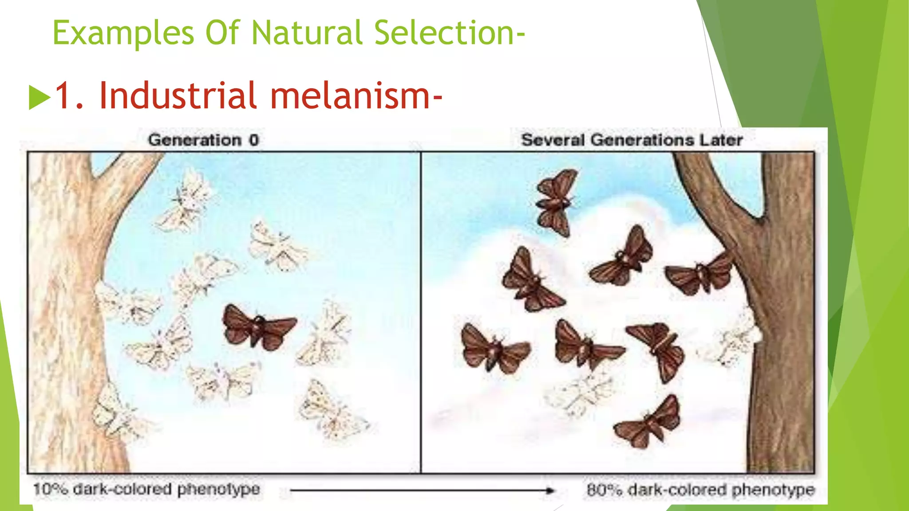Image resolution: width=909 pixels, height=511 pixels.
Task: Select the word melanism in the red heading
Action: click(355, 95)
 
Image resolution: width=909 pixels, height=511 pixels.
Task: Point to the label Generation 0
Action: click(203, 140)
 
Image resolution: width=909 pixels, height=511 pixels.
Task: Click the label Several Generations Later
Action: click(632, 140)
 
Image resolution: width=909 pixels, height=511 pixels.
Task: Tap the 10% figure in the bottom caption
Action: click(50, 490)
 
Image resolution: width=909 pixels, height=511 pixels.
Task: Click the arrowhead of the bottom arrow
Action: click(550, 491)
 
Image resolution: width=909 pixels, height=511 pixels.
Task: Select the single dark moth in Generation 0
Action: click(258, 327)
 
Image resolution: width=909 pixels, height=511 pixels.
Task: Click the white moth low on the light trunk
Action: click(113, 410)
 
